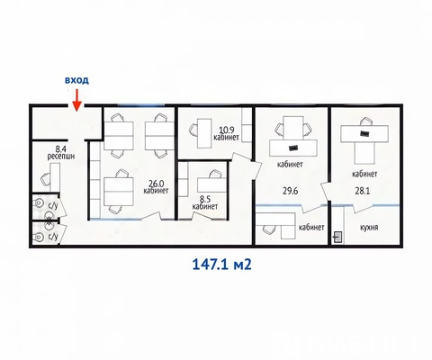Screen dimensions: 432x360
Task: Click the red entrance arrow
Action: tap(77, 100)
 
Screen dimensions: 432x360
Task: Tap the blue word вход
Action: tap(77, 80)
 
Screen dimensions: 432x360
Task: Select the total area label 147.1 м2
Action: tap(221, 265)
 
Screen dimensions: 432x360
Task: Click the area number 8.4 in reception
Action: tap(61, 148)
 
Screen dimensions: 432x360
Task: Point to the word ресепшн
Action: tap(61, 156)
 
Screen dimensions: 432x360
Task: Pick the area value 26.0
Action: tap(156, 183)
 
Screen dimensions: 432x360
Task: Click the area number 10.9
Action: tap(227, 130)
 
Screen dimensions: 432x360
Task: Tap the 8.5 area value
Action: tap(205, 199)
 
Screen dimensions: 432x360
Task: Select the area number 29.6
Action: tap(290, 191)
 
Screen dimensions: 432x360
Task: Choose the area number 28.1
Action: tap(363, 191)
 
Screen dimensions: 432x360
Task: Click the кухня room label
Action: tap(369, 227)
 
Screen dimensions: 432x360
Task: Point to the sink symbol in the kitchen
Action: tap(338, 238)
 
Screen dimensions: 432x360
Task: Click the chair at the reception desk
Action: tap(45, 179)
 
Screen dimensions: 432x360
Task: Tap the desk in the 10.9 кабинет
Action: tap(204, 133)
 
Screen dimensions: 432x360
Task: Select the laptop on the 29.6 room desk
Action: tap(292, 148)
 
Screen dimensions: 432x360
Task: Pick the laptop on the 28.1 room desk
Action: tap(364, 133)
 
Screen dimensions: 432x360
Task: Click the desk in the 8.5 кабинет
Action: tap(211, 185)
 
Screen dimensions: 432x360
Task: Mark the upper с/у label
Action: tap(53, 206)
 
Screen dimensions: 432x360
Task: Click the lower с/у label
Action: tap(53, 237)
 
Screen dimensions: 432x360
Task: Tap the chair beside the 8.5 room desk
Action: tap(216, 174)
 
